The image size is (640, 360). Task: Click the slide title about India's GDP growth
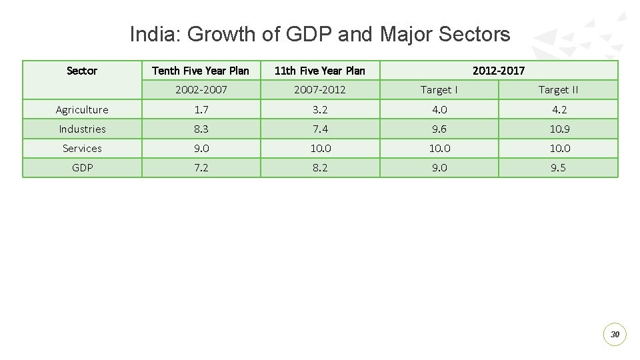click(x=320, y=34)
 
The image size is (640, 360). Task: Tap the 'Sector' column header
click(x=82, y=71)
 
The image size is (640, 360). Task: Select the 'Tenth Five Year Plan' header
click(x=201, y=71)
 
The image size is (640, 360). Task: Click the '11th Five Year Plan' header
click(x=320, y=71)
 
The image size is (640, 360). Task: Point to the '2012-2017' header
click(x=499, y=71)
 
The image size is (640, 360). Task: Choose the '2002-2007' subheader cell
click(x=201, y=90)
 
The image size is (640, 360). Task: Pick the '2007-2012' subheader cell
click(x=320, y=90)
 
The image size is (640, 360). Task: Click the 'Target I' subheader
click(x=439, y=90)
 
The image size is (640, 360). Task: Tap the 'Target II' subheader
click(x=558, y=90)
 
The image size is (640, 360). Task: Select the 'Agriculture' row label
click(x=82, y=110)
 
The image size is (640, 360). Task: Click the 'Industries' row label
click(x=82, y=129)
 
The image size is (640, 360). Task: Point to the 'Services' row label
click(x=82, y=149)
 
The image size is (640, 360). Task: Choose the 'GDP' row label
click(x=82, y=168)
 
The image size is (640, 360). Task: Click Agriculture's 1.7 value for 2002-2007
click(x=201, y=110)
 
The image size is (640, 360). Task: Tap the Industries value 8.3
click(x=201, y=129)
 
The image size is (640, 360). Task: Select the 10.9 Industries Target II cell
click(x=558, y=129)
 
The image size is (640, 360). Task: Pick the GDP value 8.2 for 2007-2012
click(x=320, y=168)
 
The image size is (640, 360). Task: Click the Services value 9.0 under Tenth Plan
click(x=201, y=149)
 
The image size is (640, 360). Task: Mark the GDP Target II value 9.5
click(x=558, y=168)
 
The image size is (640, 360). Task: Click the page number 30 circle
click(x=615, y=334)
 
